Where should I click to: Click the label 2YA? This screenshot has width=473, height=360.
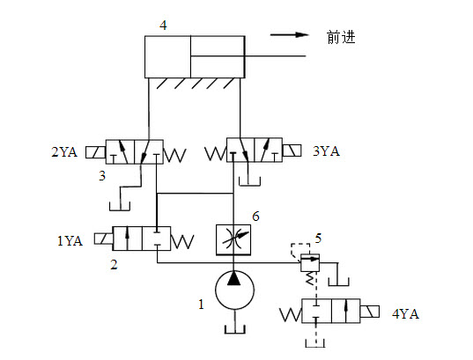64,151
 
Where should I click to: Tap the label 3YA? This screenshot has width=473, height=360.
326,151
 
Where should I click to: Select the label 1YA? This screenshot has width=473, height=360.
70,241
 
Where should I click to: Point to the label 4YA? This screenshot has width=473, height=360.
405,314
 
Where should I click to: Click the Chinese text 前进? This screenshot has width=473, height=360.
341,37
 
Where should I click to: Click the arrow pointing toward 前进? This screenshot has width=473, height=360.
289,34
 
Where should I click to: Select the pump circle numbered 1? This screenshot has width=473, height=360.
234,290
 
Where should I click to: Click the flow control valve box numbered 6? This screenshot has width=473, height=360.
233,240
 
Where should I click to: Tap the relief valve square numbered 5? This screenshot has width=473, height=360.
310,262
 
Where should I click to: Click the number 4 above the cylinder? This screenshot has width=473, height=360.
163,25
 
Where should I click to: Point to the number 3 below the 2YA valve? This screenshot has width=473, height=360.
102,175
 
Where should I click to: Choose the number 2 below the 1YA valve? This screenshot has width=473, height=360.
114,264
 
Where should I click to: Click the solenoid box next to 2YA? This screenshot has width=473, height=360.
96,152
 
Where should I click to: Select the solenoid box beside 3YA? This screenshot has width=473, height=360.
292,151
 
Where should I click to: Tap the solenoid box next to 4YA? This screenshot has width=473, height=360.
370,312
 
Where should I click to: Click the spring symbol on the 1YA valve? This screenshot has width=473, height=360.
182,241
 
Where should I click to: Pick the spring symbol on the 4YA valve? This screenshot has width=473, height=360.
291,314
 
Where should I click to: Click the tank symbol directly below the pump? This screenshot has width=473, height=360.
235,329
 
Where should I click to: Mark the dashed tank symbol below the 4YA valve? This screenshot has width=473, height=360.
315,343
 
